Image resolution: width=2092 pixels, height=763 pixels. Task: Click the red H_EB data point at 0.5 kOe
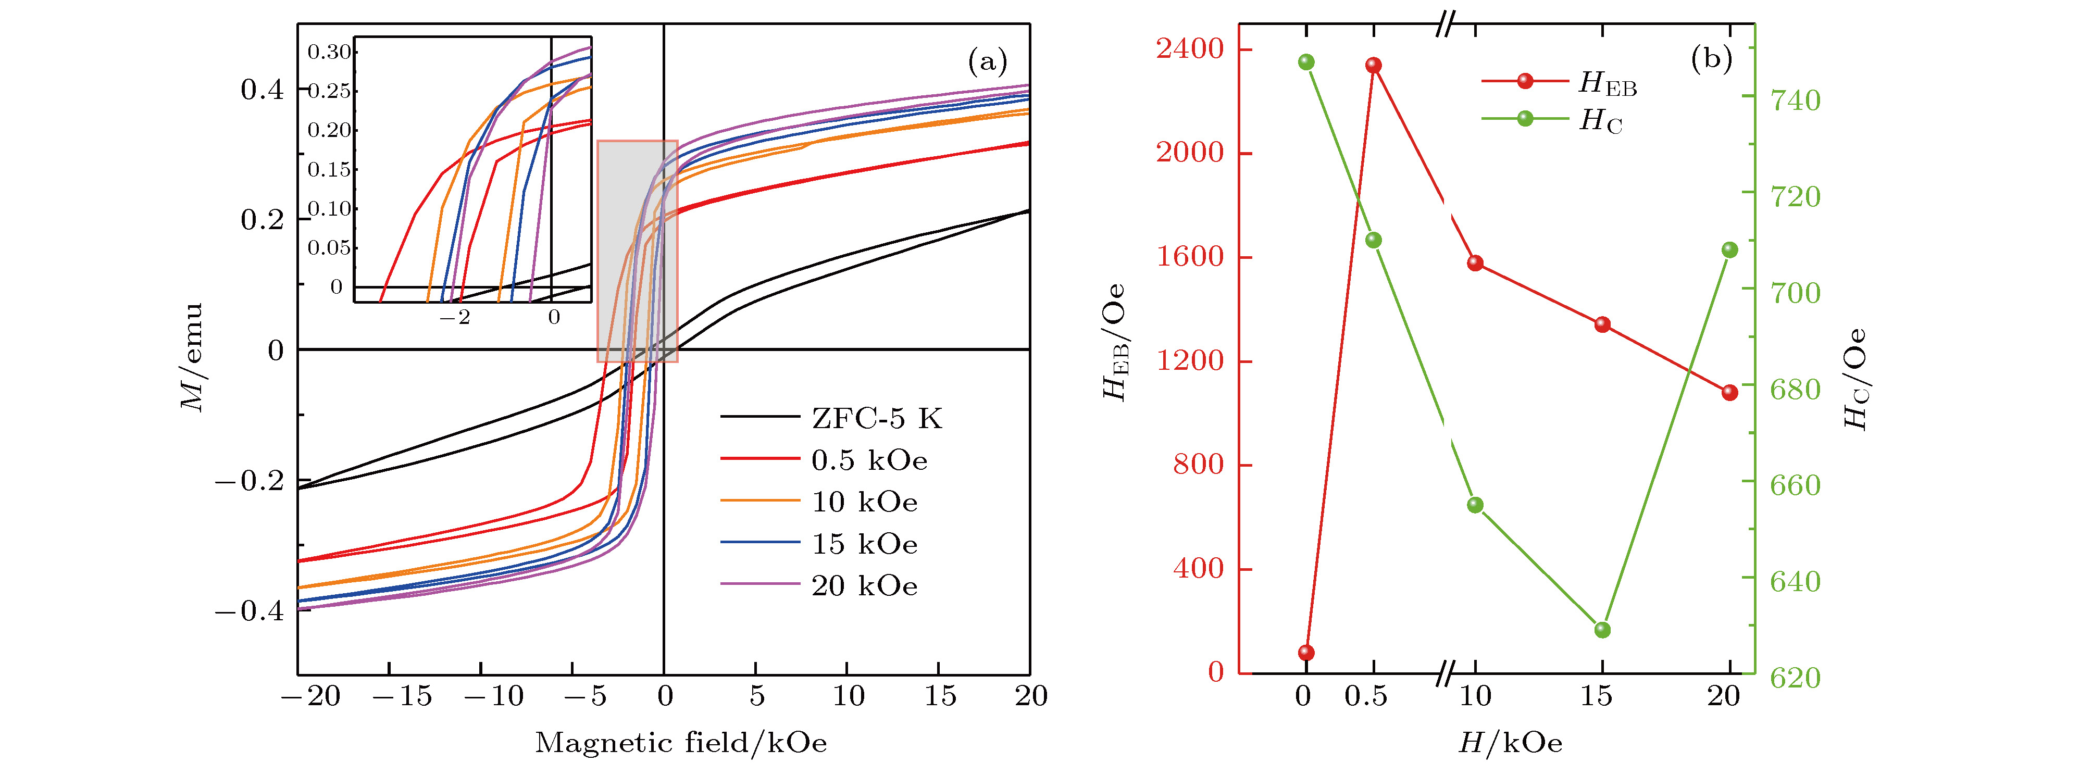(x=1373, y=66)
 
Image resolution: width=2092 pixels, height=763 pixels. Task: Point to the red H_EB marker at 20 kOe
(x=1730, y=393)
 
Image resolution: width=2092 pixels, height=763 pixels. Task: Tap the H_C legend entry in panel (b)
(x=1600, y=121)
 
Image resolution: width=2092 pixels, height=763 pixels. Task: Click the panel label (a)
(x=987, y=61)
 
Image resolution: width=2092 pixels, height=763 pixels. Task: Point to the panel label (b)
(x=1711, y=58)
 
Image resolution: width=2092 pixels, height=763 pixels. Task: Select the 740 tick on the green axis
(x=1795, y=101)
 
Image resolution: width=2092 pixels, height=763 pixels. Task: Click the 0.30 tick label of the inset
(x=329, y=53)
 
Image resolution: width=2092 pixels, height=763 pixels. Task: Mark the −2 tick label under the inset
(x=455, y=317)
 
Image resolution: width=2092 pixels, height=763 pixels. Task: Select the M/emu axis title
(x=192, y=357)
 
